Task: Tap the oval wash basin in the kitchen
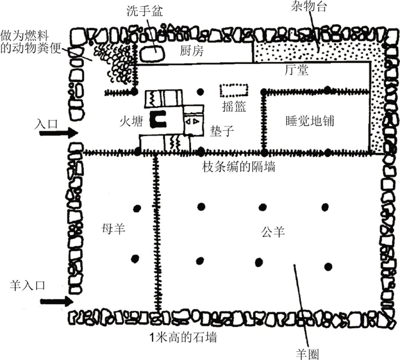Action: tap(153, 52)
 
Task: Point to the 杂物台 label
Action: tap(309, 7)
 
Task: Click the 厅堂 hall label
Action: tap(297, 70)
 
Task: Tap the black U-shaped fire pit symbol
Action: tap(158, 118)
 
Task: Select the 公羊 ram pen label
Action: tap(273, 232)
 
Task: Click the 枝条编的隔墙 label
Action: tap(239, 167)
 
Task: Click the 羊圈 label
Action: tap(308, 353)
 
